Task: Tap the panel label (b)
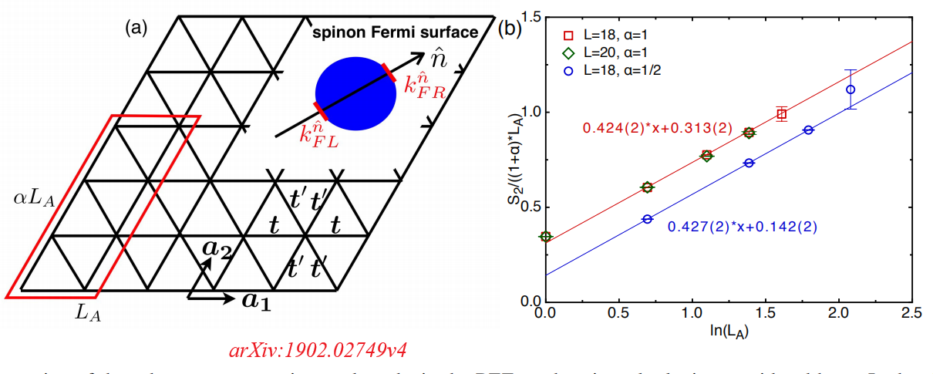coord(510,29)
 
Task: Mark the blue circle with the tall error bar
coord(850,89)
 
